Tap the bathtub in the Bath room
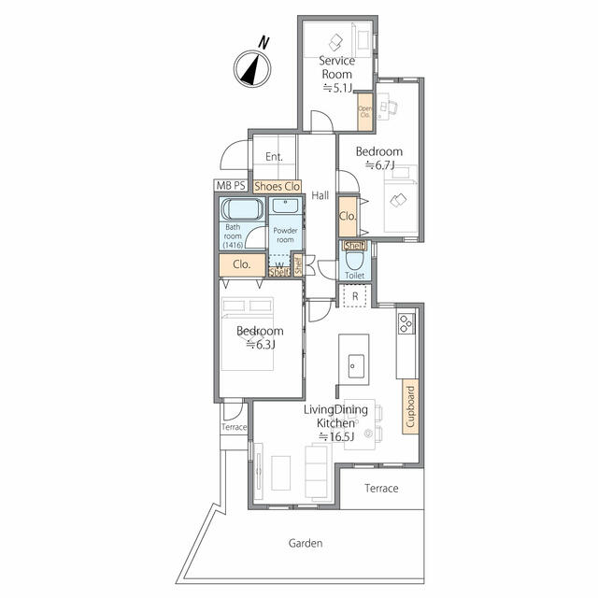pos(243,209)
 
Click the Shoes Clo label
pos(278,187)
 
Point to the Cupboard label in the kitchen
pos(410,406)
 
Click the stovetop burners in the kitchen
pos(406,323)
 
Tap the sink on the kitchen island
pos(356,366)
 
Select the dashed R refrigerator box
pos(355,296)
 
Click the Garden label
pos(306,543)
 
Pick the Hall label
pos(320,195)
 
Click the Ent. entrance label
pos(274,156)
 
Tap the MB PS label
pos(231,186)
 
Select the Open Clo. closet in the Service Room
pos(365,112)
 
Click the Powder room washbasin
pos(285,206)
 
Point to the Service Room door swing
pos(321,121)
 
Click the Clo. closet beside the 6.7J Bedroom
pos(348,216)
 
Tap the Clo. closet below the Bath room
pos(242,264)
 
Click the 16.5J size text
pos(336,436)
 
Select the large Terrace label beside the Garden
pos(381,488)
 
